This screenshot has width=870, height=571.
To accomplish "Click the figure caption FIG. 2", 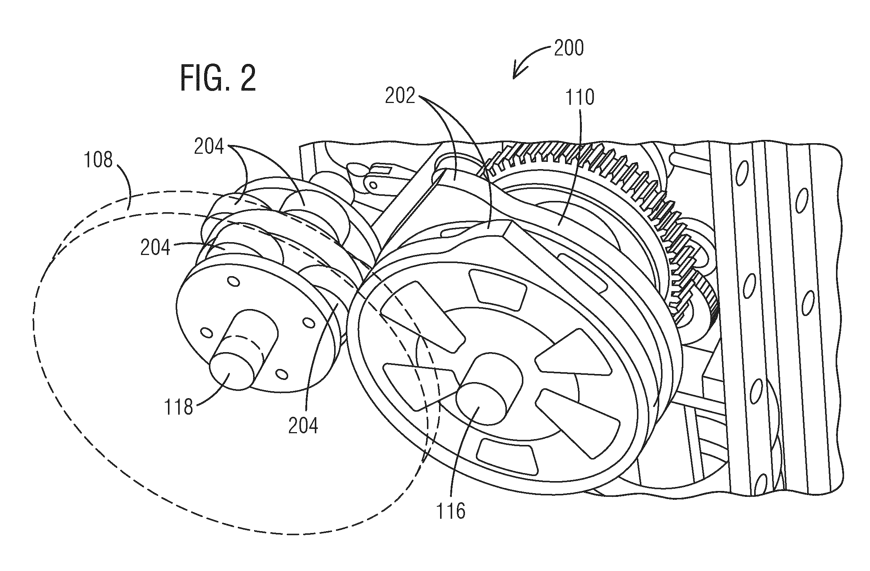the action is [218, 78].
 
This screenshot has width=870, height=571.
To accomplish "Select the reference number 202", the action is [400, 96].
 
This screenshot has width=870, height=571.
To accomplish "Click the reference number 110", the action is [580, 97].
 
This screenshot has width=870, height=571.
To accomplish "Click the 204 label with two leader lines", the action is [209, 147].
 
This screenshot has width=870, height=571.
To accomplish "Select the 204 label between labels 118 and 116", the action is [303, 426].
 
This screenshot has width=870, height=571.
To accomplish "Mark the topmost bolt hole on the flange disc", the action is [234, 281].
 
